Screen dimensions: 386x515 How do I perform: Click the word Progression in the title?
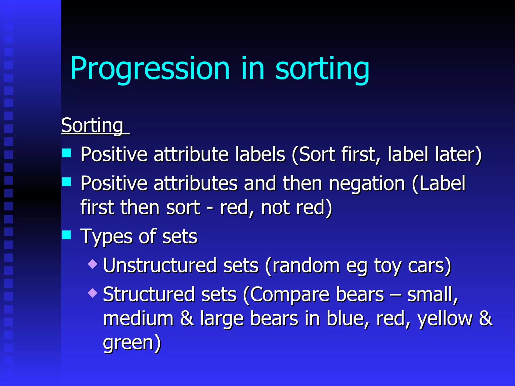pyautogui.click(x=150, y=68)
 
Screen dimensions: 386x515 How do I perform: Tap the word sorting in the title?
pyautogui.click(x=322, y=68)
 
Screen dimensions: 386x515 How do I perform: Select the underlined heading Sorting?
pyautogui.click(x=92, y=125)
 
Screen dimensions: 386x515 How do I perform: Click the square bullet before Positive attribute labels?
pyautogui.click(x=67, y=153)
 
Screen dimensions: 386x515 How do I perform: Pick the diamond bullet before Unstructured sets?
pyautogui.click(x=93, y=264)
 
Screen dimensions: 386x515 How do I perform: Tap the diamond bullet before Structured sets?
pyautogui.click(x=93, y=293)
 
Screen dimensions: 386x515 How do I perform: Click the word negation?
pyautogui.click(x=367, y=184)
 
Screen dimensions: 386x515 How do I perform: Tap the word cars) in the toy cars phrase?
pyautogui.click(x=430, y=265)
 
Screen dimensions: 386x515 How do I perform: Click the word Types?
pyautogui.click(x=106, y=237)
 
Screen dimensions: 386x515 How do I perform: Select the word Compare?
pyautogui.click(x=286, y=294)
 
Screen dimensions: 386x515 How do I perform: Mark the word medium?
pyautogui.click(x=138, y=318)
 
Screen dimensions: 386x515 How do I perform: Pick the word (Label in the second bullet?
pyautogui.click(x=439, y=184)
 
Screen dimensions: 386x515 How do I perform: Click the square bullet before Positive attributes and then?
pyautogui.click(x=67, y=181)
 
